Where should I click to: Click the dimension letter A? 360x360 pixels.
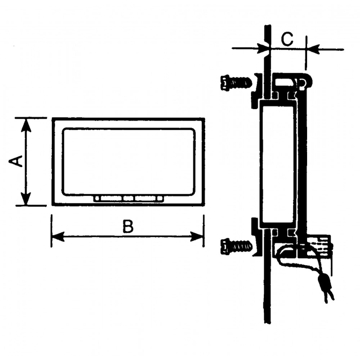15,161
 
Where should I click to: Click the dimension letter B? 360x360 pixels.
128,226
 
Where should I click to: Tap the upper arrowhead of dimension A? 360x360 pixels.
26,125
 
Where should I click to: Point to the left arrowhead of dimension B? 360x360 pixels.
58,237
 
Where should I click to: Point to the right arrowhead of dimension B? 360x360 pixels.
197,237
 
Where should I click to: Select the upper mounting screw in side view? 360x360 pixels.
236,82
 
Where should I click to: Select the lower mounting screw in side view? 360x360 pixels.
236,246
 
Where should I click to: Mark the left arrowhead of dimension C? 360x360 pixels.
263,49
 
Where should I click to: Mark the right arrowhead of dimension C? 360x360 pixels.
313,49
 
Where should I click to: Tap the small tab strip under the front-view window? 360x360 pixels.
129,199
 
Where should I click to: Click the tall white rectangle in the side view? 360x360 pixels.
278,165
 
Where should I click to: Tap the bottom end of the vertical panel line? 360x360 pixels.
267,323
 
